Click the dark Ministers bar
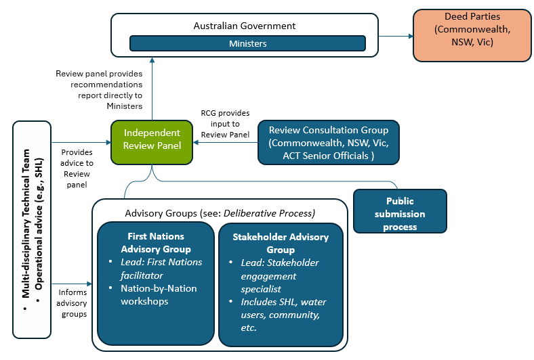coord(247,43)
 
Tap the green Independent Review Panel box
coord(152,139)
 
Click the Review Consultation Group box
coord(329,143)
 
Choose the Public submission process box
coord(400,213)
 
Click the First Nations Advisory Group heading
coord(156,242)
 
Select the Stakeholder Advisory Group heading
coord(280,243)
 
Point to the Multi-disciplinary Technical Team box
coord(32,229)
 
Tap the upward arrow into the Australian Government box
coord(152,89)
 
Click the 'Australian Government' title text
coord(245,26)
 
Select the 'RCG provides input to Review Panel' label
coord(225,124)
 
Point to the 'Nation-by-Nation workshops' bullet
coord(159,294)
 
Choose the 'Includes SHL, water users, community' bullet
coord(280,315)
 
